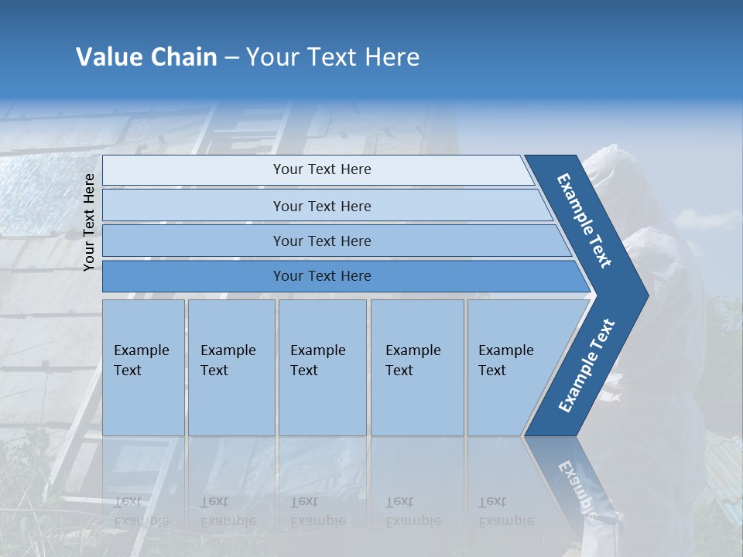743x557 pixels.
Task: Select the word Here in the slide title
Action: click(392, 57)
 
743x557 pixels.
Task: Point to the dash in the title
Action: click(231, 58)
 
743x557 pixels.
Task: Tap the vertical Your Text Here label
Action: click(89, 222)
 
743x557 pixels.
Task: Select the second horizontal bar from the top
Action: click(322, 206)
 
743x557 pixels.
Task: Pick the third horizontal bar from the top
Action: click(322, 241)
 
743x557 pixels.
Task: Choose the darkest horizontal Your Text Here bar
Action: click(322, 276)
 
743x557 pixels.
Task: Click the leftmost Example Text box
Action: click(143, 367)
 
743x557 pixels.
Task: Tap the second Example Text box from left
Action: click(231, 367)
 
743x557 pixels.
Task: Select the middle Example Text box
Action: click(322, 367)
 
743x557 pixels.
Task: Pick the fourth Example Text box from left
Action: click(417, 367)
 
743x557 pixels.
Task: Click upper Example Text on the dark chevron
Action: click(585, 220)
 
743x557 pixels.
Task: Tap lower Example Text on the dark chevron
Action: click(587, 365)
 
